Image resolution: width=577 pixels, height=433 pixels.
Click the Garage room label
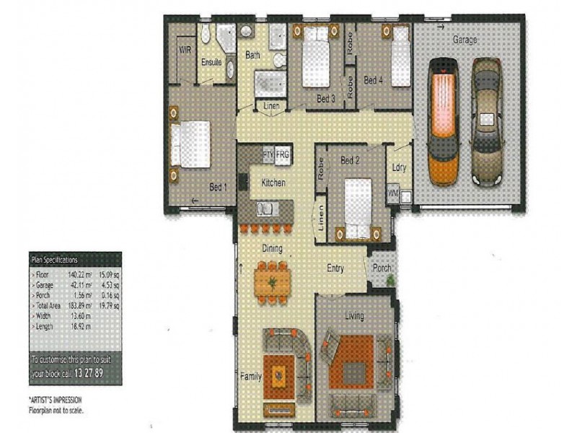pyautogui.click(x=464, y=40)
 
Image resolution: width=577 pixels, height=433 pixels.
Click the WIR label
pyautogui.click(x=185, y=51)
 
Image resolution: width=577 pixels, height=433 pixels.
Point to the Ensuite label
pyautogui.click(x=212, y=62)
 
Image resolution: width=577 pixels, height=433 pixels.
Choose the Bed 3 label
pyautogui.click(x=326, y=99)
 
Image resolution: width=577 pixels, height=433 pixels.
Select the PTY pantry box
pyautogui.click(x=268, y=154)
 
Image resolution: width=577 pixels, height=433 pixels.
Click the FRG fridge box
pyautogui.click(x=283, y=154)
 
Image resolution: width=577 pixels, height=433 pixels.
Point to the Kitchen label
pyautogui.click(x=274, y=183)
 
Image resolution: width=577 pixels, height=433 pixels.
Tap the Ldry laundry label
pyautogui.click(x=400, y=167)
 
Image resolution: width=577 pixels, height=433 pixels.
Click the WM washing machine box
pyautogui.click(x=393, y=193)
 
